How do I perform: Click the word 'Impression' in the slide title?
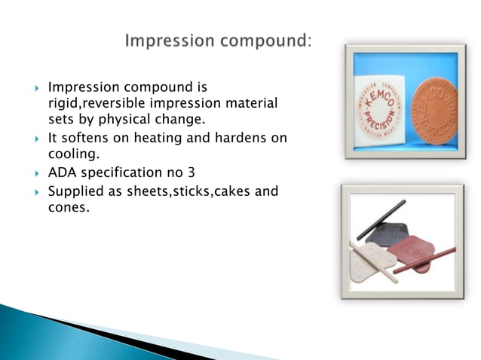167,39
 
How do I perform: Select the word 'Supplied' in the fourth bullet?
75,192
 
